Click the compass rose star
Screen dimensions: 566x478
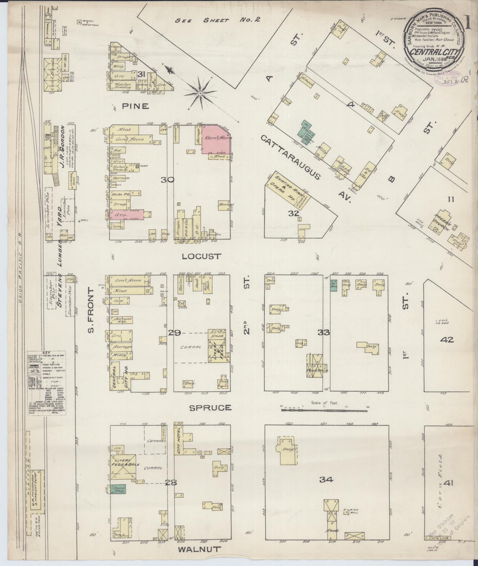pyautogui.click(x=200, y=93)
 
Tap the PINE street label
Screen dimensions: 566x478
pyautogui.click(x=135, y=106)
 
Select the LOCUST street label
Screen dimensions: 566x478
pyautogui.click(x=202, y=256)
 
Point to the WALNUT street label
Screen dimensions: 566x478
pyautogui.click(x=200, y=549)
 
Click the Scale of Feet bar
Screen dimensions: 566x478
pyautogui.click(x=325, y=410)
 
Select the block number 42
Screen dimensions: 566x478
pyautogui.click(x=447, y=340)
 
